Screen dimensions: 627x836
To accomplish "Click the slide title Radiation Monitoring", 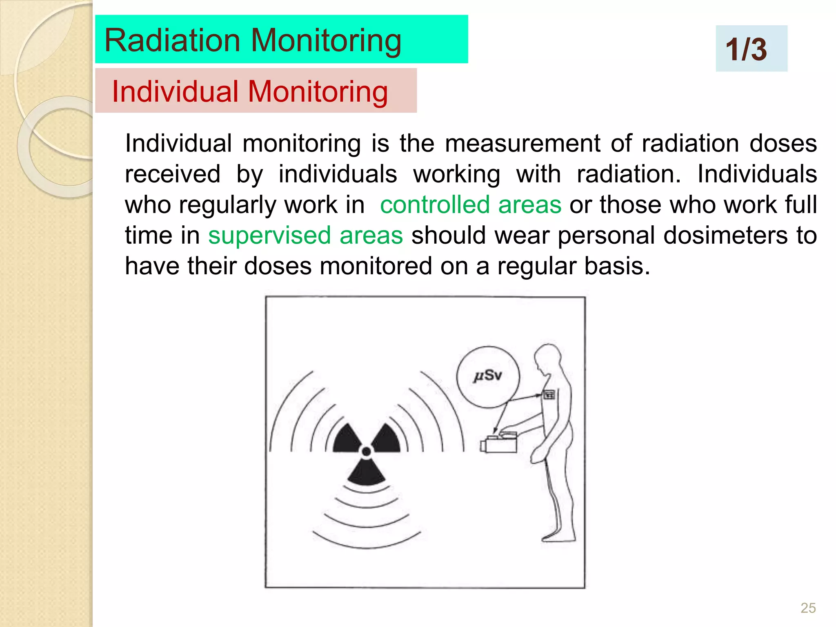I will pos(253,40).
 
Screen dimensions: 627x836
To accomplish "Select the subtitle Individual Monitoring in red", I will pos(250,91).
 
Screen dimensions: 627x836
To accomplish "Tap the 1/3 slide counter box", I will pos(751,49).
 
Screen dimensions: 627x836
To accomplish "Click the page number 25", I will pos(808,608).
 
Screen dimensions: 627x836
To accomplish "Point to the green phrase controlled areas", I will pos(471,205).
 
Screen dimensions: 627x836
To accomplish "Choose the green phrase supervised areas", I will pos(305,236).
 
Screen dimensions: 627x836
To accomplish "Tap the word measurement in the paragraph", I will pos(522,144).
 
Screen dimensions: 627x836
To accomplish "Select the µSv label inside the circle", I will pos(487,376).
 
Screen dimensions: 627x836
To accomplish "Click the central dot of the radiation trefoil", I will pos(366,451).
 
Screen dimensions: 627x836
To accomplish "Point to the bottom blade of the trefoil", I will pos(366,474).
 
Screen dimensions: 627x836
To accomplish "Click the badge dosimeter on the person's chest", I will pos(549,395).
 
